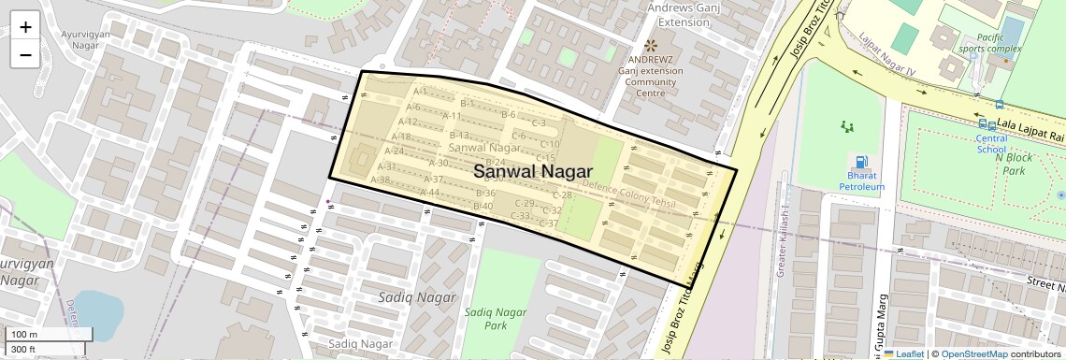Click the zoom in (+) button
point(25,27)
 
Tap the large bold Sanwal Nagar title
point(533,172)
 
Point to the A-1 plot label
point(420,92)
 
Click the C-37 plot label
point(548,223)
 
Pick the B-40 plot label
point(483,207)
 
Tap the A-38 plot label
point(380,180)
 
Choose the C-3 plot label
point(539,122)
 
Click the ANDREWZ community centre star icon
point(651,46)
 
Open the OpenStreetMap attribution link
point(973,353)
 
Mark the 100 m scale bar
point(47,335)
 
